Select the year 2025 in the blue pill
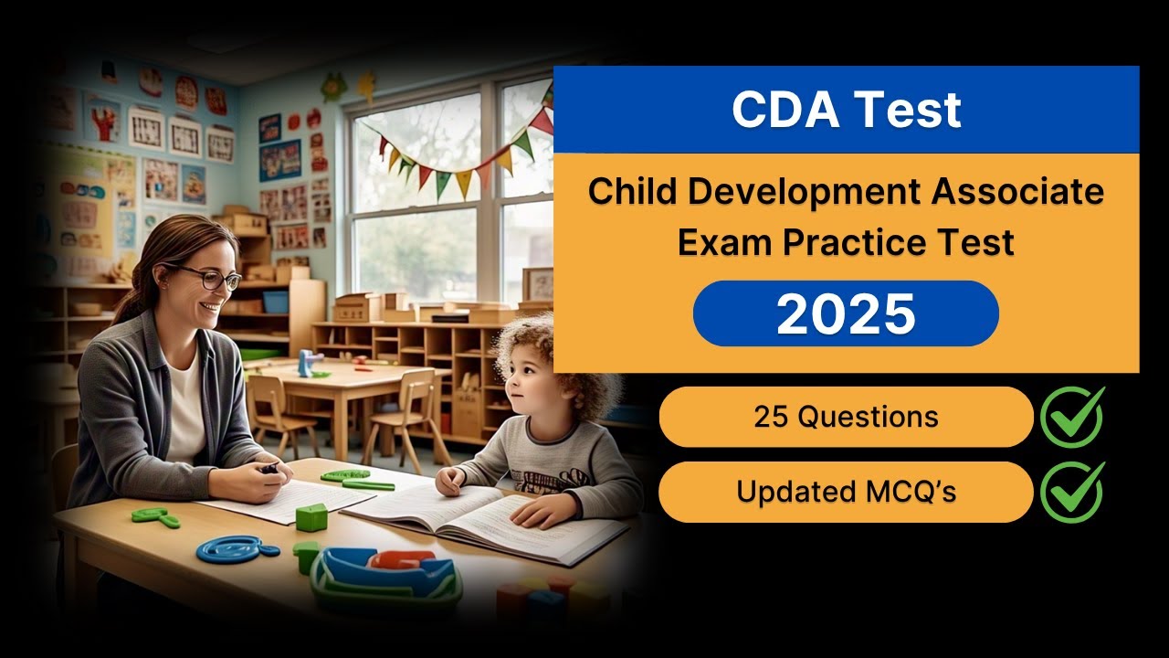click(846, 313)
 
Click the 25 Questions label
click(846, 417)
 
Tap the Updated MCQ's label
click(846, 492)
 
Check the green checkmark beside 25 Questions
click(1072, 417)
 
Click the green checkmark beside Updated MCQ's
click(1072, 492)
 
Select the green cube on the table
click(311, 517)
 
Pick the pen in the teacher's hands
click(270, 469)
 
